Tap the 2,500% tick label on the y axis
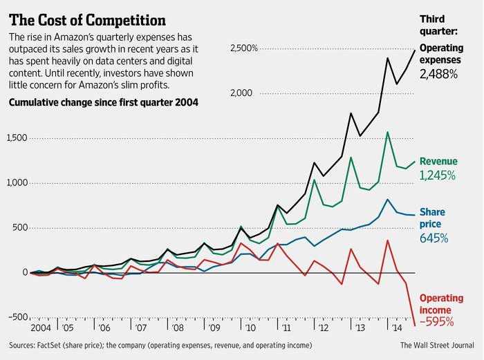(243, 48)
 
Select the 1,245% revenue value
(438, 176)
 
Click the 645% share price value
(434, 238)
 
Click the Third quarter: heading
(439, 26)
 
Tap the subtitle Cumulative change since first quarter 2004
(102, 104)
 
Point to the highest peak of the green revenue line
(388, 132)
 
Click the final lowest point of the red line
(415, 325)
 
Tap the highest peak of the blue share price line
(388, 200)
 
